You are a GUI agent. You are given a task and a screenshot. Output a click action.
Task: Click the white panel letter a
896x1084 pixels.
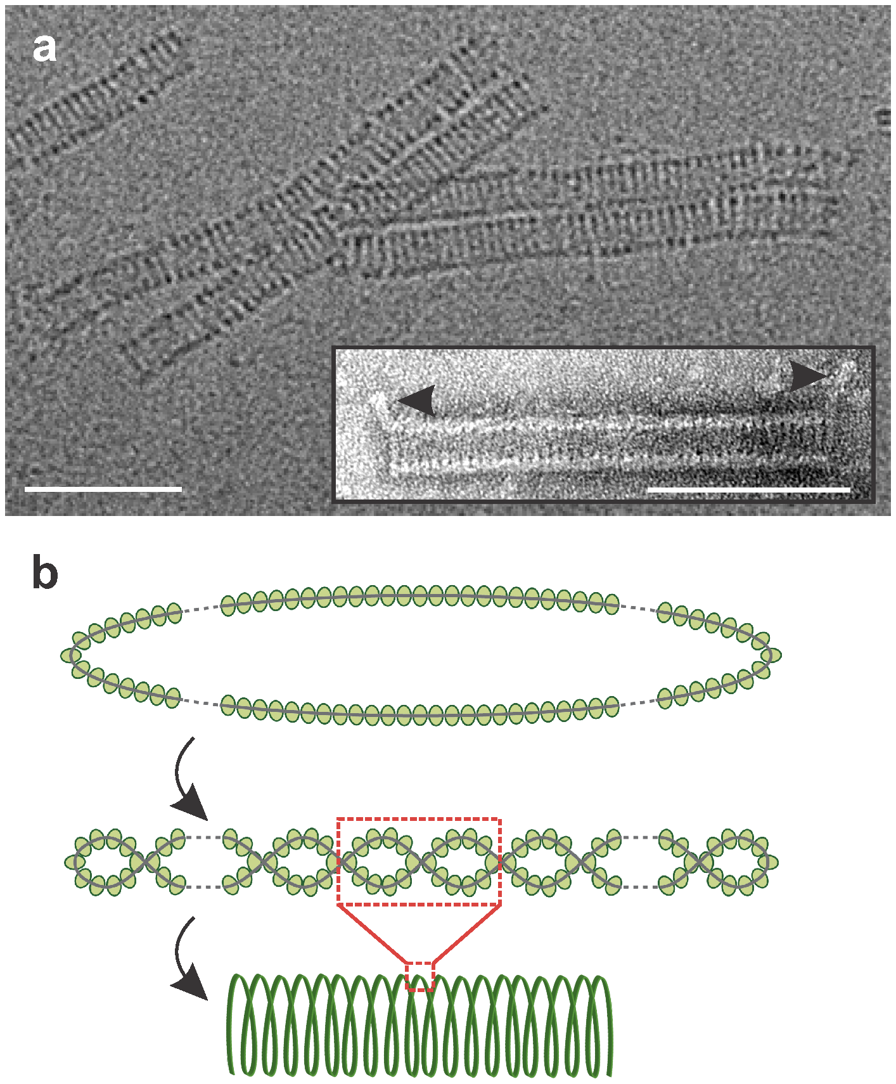pos(44,49)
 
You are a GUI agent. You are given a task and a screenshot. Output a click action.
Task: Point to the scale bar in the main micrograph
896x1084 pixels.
pos(103,489)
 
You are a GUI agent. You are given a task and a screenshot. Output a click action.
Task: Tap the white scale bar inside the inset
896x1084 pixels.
pos(748,489)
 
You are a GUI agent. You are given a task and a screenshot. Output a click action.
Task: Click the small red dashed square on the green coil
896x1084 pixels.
pos(419,976)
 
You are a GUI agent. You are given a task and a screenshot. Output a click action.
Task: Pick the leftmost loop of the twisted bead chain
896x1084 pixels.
pos(105,862)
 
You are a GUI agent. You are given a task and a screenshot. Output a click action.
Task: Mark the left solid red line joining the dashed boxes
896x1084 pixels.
pos(373,933)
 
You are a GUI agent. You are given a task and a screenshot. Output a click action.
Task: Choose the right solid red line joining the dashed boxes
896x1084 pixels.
pos(467,933)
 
